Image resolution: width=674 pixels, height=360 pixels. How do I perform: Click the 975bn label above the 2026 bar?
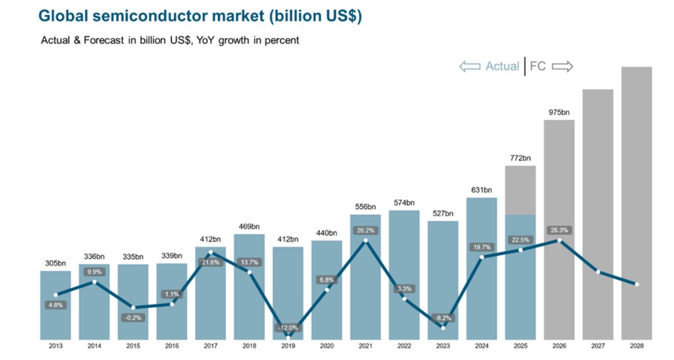click(559, 112)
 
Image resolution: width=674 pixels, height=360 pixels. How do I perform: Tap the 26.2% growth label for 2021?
click(365, 230)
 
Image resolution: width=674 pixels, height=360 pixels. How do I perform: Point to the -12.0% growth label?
click(287, 328)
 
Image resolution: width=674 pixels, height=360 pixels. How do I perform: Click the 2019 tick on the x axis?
click(287, 346)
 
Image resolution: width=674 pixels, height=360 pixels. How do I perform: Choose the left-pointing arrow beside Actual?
click(470, 67)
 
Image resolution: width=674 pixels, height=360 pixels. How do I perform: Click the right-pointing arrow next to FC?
click(562, 67)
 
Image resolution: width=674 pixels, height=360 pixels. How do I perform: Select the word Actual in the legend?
click(502, 67)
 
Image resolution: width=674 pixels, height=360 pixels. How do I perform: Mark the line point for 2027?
click(598, 272)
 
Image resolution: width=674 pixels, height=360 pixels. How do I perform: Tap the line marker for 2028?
click(636, 284)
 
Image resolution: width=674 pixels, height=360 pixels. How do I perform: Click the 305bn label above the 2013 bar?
click(55, 263)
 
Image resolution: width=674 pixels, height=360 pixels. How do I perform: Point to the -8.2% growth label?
click(442, 318)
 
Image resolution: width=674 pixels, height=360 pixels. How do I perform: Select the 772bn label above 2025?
click(520, 158)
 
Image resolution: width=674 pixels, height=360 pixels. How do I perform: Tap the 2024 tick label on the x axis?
click(481, 346)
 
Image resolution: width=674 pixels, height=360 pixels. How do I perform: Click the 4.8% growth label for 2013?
click(55, 305)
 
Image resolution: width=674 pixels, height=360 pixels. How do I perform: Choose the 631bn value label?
click(481, 190)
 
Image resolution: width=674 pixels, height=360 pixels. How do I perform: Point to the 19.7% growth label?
click(481, 247)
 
